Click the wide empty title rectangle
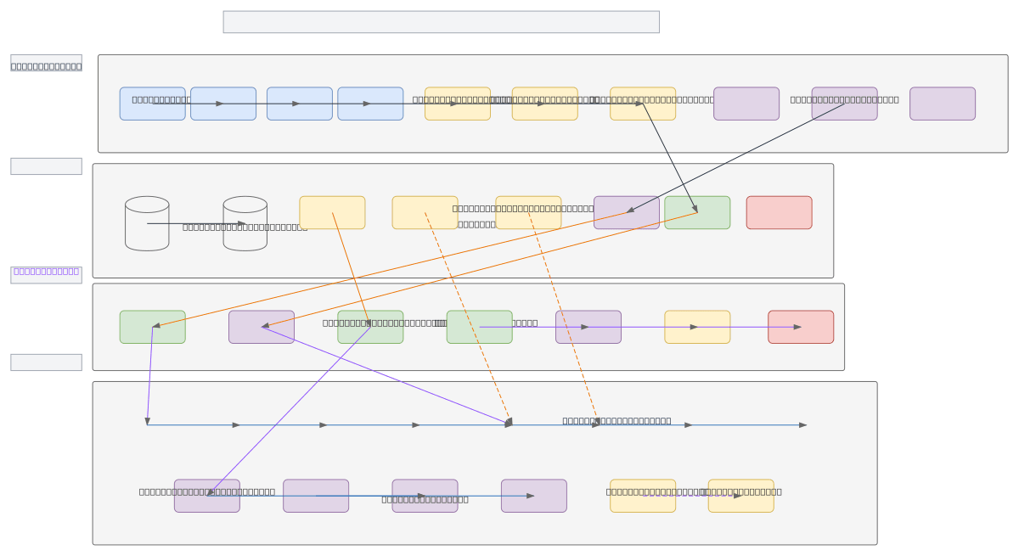(441, 22)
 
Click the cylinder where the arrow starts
(147, 223)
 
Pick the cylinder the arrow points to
(245, 223)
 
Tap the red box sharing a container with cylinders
(779, 212)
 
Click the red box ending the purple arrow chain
(801, 327)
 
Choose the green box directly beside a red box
(697, 212)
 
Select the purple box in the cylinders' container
(626, 212)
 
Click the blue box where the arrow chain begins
(152, 104)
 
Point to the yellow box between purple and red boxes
(697, 327)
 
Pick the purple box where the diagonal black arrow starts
(844, 104)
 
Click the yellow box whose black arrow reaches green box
(643, 104)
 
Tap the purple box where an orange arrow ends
(262, 327)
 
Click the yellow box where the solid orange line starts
(332, 212)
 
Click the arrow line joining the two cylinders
(196, 223)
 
